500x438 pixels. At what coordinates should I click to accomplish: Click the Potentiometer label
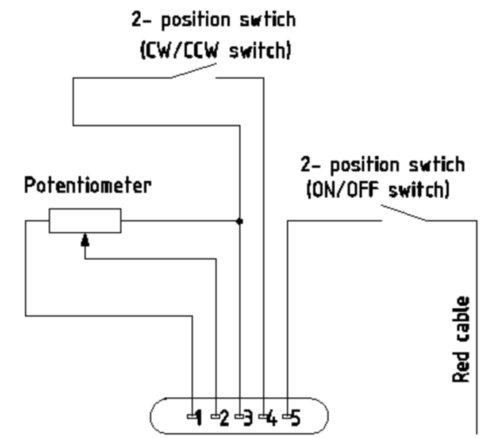pyautogui.click(x=88, y=185)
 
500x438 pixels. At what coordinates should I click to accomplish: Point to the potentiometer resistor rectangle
pyautogui.click(x=85, y=220)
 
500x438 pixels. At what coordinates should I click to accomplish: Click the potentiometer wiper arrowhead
pyautogui.click(x=85, y=240)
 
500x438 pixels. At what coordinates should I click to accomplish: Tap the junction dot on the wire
pyautogui.click(x=239, y=221)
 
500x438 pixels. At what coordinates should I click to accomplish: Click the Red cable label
pyautogui.click(x=461, y=339)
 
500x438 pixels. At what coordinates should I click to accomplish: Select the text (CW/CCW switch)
pyautogui.click(x=216, y=50)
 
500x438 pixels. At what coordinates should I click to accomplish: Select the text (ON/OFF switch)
pyautogui.click(x=378, y=190)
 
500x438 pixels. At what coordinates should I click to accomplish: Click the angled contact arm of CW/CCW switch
pyautogui.click(x=194, y=71)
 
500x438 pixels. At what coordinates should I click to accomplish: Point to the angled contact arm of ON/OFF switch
pyautogui.click(x=404, y=212)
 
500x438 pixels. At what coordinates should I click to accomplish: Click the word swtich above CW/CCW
pyautogui.click(x=268, y=20)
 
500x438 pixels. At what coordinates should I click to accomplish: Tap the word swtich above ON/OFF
pyautogui.click(x=436, y=165)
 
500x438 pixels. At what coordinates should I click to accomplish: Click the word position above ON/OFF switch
pyautogui.click(x=364, y=166)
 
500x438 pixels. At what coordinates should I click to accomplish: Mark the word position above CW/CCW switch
pyautogui.click(x=196, y=20)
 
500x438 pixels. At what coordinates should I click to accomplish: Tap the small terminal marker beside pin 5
pyautogui.click(x=287, y=416)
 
